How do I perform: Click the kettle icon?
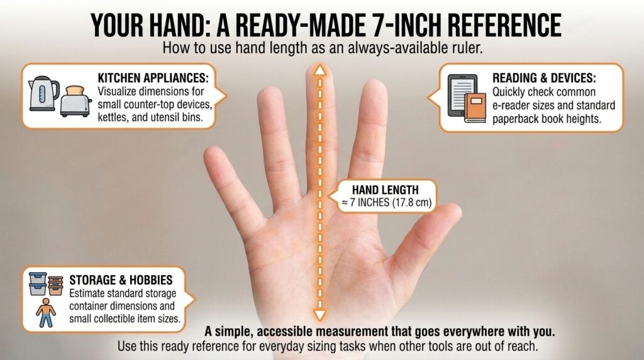click(43, 93)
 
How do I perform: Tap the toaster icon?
click(75, 101)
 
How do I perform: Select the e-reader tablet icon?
click(462, 95)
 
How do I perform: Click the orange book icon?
click(475, 107)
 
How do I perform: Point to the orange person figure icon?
click(45, 313)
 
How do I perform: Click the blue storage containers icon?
click(38, 284)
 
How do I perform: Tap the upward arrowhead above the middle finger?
click(320, 70)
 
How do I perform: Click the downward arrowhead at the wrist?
click(320, 315)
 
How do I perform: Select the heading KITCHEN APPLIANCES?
click(153, 78)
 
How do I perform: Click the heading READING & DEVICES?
click(544, 78)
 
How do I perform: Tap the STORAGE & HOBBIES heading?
click(121, 280)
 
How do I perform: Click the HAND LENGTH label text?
click(386, 190)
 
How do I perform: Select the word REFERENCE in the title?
click(504, 25)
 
